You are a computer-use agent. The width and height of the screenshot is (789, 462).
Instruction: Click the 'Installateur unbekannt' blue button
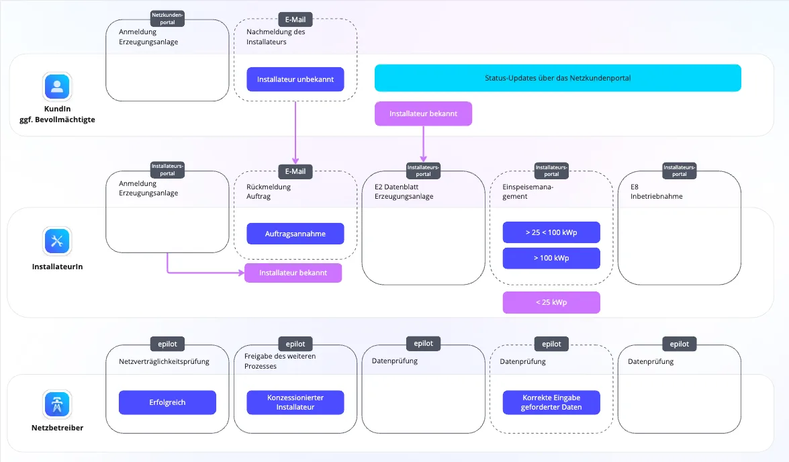295,79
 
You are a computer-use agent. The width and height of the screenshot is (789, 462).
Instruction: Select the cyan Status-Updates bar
557,78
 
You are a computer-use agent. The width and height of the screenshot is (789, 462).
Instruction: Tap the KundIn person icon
57,86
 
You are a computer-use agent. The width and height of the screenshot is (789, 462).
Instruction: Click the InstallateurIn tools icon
57,241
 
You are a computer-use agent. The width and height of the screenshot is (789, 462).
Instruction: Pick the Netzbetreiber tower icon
57,404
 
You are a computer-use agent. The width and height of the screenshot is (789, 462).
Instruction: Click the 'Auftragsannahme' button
295,234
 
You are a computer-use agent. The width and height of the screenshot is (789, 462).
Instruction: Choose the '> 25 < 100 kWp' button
551,232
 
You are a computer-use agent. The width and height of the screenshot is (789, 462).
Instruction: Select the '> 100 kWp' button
551,258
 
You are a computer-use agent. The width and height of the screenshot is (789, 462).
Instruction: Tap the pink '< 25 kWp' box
551,302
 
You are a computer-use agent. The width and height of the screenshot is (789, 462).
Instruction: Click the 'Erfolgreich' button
168,403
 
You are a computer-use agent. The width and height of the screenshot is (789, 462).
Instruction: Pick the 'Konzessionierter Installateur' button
295,403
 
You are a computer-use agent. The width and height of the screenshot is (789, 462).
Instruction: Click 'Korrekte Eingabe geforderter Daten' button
551,403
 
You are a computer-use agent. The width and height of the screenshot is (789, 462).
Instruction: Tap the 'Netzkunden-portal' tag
168,19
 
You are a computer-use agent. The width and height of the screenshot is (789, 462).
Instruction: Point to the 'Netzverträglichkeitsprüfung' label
164,361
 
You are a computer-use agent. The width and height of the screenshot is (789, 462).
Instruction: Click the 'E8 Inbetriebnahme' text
657,192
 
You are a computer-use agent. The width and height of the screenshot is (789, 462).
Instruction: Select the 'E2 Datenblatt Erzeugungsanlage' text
404,192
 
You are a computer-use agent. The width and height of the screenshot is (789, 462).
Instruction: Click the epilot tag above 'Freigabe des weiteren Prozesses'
295,344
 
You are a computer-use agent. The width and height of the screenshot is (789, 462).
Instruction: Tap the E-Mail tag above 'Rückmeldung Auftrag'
295,171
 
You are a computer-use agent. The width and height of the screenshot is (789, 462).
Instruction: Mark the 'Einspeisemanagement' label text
528,192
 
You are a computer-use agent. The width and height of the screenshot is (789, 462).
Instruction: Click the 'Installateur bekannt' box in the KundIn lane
423,113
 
